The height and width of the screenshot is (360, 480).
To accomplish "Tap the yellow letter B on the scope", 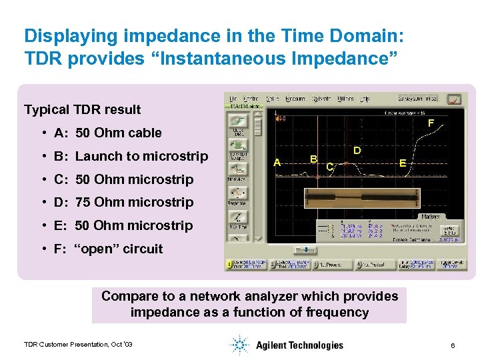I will (x=313, y=159).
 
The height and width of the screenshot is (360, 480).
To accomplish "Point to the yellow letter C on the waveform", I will (x=330, y=167).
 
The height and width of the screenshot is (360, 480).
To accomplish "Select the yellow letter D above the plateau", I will (x=357, y=151).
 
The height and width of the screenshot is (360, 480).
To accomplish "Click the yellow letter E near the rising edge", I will (x=402, y=162).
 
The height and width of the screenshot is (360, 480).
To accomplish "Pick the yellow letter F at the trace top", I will (x=431, y=123).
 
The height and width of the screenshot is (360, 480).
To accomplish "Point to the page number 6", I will (x=453, y=345).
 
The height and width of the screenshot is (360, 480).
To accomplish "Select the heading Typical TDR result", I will (x=82, y=109).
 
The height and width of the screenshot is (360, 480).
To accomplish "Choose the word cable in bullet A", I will (x=146, y=133).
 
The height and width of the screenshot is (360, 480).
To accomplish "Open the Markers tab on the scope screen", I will (x=429, y=216).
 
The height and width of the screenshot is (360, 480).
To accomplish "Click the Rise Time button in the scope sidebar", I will (x=237, y=221).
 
